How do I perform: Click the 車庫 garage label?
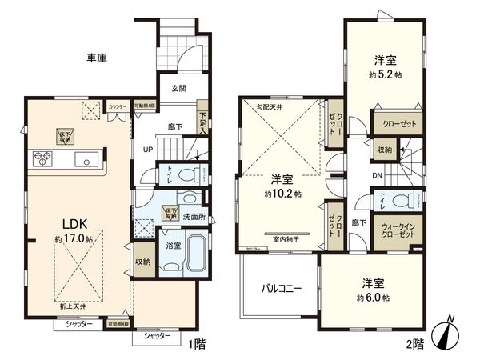coord(97,58)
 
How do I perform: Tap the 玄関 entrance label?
coord(178,89)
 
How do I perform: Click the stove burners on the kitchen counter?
coord(42,158)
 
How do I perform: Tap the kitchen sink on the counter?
coord(83,159)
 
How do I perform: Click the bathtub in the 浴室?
coord(195,254)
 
